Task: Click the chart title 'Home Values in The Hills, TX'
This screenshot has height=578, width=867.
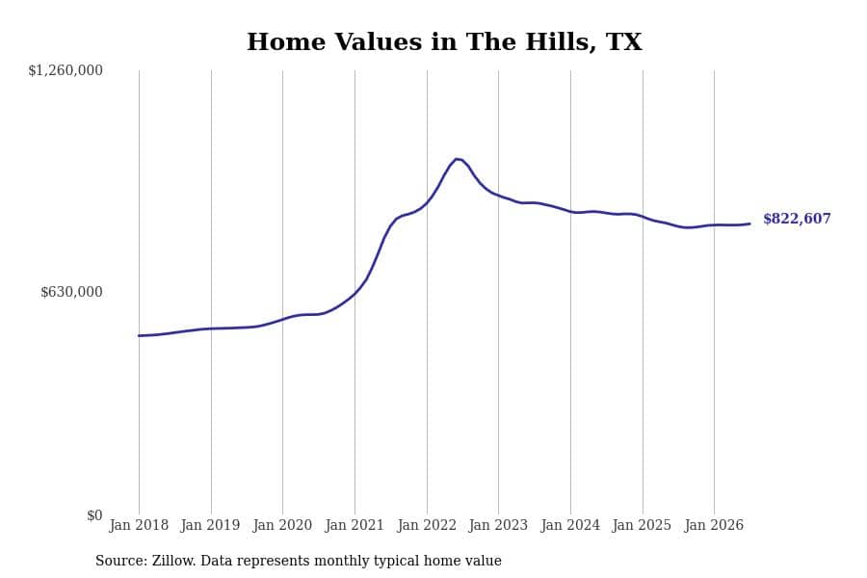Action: pos(444,42)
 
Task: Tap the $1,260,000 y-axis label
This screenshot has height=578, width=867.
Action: pos(66,70)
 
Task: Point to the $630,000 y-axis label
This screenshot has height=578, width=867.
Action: pos(71,292)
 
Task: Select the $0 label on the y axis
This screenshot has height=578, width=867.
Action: pos(94,515)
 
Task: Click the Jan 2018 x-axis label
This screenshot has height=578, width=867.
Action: pos(139,525)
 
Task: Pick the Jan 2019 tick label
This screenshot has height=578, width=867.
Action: pos(211,525)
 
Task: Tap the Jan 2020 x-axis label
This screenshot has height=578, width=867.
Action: pos(282,525)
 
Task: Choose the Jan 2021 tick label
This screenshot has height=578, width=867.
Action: pos(355,525)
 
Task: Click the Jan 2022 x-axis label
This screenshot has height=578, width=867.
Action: pos(427,525)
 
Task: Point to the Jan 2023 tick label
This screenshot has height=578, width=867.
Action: pos(498,525)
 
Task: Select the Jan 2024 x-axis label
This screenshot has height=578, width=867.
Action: pos(570,525)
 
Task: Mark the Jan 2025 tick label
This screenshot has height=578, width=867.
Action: pos(642,525)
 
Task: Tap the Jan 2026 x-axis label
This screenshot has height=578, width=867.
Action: pos(714,525)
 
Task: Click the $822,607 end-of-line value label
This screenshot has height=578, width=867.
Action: pos(797,219)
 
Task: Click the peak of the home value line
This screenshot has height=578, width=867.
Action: pos(457,159)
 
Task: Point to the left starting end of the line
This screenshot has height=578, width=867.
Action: pos(140,336)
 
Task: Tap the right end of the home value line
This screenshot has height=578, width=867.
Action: pos(749,224)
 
